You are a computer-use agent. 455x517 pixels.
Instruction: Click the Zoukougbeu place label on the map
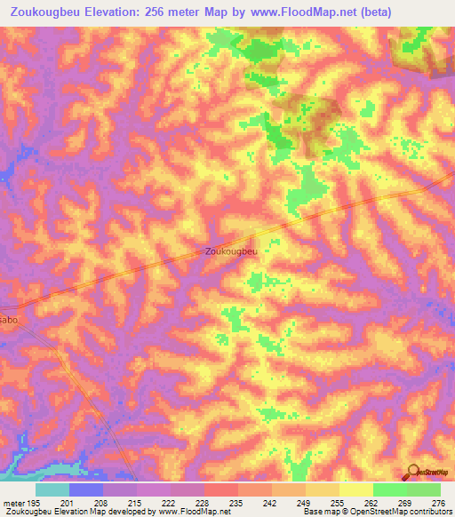[231, 251]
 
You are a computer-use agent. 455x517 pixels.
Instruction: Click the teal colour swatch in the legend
[52, 489]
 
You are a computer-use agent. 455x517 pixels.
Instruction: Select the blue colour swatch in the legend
[86, 489]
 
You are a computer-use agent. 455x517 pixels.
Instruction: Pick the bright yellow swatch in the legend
[355, 489]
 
